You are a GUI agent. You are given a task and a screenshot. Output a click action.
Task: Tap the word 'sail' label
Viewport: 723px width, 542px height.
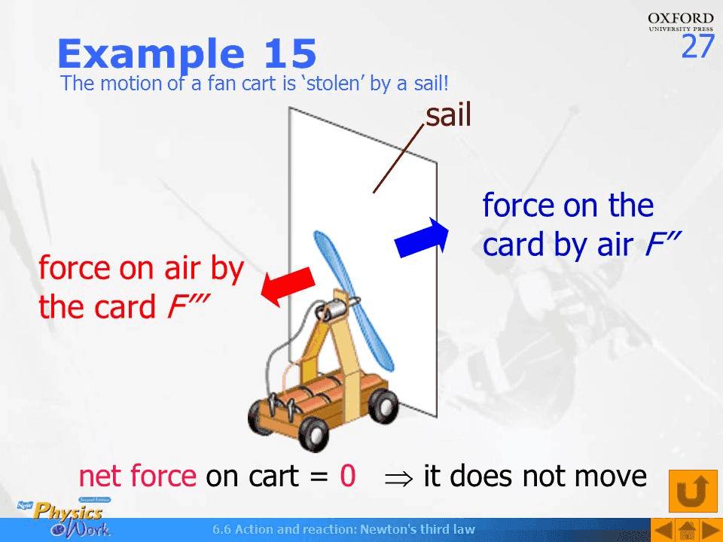pos(448,115)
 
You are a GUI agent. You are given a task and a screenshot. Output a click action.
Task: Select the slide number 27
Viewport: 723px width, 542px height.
pos(697,47)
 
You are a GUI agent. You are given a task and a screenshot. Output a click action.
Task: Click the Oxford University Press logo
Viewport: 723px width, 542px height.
pos(680,21)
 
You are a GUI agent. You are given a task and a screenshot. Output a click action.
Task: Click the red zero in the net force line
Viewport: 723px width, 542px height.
pos(347,477)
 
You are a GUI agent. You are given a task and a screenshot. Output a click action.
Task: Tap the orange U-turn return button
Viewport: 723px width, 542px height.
pos(692,490)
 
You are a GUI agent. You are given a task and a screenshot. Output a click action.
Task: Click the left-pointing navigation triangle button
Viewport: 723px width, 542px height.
pos(660,530)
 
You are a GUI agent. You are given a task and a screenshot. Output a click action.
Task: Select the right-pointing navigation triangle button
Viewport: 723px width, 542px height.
pos(709,530)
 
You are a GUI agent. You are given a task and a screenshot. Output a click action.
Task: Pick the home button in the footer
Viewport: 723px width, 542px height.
pos(685,530)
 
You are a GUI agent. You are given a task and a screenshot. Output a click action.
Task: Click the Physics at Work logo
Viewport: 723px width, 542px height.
pos(72,518)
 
